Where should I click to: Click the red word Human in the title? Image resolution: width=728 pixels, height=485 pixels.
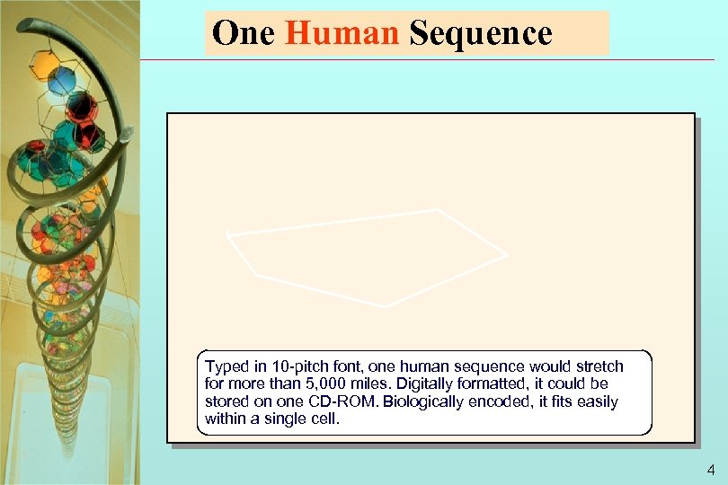click(x=342, y=34)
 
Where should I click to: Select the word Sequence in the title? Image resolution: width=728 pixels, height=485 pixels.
click(x=480, y=34)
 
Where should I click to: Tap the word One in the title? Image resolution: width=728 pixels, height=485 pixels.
click(x=244, y=34)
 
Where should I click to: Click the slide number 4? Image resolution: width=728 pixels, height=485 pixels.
click(x=711, y=470)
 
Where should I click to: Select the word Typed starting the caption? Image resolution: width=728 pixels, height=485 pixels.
click(x=225, y=366)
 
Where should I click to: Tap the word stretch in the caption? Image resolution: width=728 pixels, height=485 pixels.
click(x=599, y=366)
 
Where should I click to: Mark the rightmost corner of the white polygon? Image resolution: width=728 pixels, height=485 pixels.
click(x=507, y=255)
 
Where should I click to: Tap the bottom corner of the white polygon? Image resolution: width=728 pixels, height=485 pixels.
click(x=386, y=307)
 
